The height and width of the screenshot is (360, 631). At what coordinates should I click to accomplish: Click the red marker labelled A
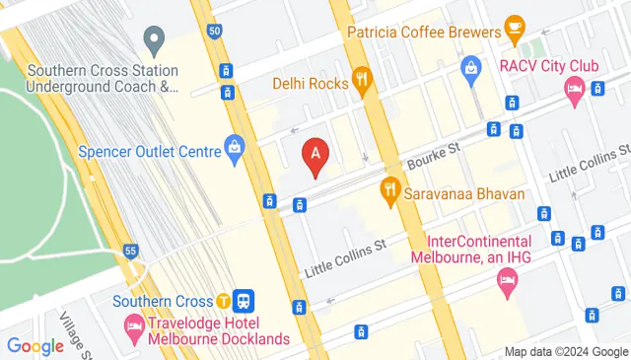[315, 155]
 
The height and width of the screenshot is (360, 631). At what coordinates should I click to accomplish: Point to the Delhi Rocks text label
[311, 83]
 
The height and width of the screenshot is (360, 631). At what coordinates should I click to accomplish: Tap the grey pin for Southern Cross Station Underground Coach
[153, 40]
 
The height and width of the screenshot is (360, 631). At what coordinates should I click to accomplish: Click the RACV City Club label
[549, 66]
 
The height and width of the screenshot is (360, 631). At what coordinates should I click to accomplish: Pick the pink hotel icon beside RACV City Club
[575, 90]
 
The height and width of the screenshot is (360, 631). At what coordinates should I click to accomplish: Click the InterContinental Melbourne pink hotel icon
[507, 283]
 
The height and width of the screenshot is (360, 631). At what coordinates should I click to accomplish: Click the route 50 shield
[214, 32]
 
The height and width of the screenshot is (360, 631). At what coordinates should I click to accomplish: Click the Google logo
[35, 346]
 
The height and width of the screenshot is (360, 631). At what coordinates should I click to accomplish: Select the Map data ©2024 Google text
[565, 351]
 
